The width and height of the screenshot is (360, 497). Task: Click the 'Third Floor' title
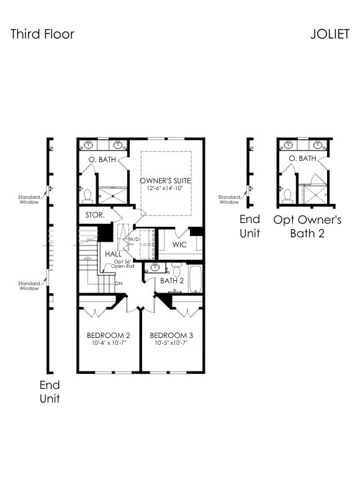(42, 34)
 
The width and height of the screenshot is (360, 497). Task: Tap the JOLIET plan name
(330, 34)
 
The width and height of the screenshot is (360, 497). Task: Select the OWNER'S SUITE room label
(165, 181)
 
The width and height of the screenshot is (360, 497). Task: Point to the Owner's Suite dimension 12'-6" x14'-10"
(165, 188)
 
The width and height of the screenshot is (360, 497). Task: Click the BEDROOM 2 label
(109, 335)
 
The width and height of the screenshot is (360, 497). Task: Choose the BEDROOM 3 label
(171, 335)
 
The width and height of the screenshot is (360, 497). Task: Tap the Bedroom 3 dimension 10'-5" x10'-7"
(171, 343)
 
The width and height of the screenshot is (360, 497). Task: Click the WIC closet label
(179, 245)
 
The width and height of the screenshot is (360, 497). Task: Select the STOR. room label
(95, 215)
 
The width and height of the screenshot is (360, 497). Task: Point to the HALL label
(114, 254)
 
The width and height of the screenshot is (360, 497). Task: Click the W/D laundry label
(134, 239)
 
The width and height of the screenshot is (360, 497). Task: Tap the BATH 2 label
(172, 281)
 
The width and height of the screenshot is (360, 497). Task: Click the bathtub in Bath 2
(196, 279)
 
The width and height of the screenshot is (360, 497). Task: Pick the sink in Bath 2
(155, 268)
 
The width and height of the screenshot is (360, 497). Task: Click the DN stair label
(119, 283)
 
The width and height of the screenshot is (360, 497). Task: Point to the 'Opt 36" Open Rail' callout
(122, 263)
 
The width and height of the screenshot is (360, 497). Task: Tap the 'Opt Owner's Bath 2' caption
(307, 226)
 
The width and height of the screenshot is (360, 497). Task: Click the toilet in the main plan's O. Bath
(87, 196)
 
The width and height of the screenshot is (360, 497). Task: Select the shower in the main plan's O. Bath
(112, 195)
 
